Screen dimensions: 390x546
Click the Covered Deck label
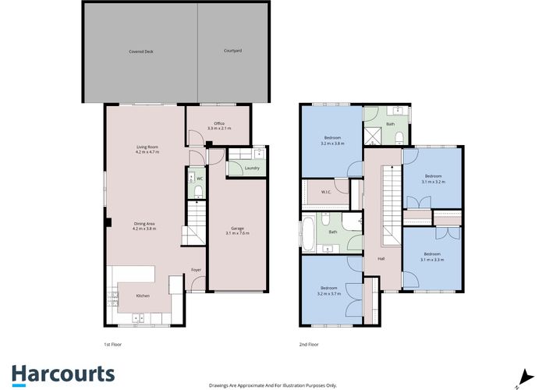click(x=141, y=51)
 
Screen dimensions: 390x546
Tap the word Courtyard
click(x=232, y=51)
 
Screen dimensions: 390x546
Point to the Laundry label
click(x=251, y=168)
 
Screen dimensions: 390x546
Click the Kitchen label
click(x=143, y=296)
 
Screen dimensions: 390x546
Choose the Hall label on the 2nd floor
click(x=381, y=258)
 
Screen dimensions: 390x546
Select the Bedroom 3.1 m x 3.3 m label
click(x=433, y=257)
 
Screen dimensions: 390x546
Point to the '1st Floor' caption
click(x=113, y=343)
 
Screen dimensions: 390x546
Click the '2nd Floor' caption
click(x=308, y=343)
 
